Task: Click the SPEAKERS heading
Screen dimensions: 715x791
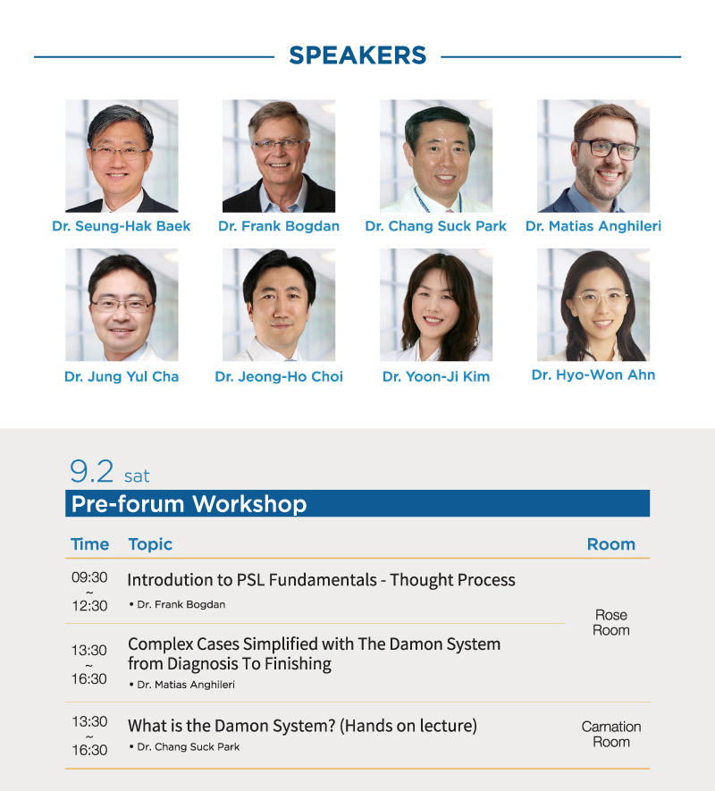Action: click(357, 55)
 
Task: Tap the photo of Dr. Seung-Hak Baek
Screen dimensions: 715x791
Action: click(122, 156)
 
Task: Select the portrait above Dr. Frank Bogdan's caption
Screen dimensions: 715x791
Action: click(279, 156)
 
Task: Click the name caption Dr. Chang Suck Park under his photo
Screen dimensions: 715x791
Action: click(435, 226)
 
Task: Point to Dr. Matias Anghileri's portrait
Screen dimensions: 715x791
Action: click(593, 156)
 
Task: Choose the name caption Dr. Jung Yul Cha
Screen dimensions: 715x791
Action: click(122, 376)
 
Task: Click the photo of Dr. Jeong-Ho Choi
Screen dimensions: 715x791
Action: click(279, 305)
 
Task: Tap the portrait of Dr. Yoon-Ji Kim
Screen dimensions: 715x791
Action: click(436, 305)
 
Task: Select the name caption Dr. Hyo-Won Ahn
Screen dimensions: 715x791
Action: click(593, 374)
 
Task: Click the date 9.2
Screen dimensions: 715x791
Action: click(92, 472)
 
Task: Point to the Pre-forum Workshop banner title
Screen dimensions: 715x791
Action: click(189, 504)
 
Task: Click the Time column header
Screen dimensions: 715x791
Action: click(89, 544)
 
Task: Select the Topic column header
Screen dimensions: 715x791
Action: click(150, 544)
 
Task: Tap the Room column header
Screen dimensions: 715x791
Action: click(611, 544)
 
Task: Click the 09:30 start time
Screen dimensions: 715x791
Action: click(89, 577)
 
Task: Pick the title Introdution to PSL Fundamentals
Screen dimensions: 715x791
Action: click(252, 580)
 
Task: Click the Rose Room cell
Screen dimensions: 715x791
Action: click(611, 622)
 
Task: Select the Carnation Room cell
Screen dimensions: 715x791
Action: click(611, 734)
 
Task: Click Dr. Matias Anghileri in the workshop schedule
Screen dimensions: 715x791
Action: click(186, 685)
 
